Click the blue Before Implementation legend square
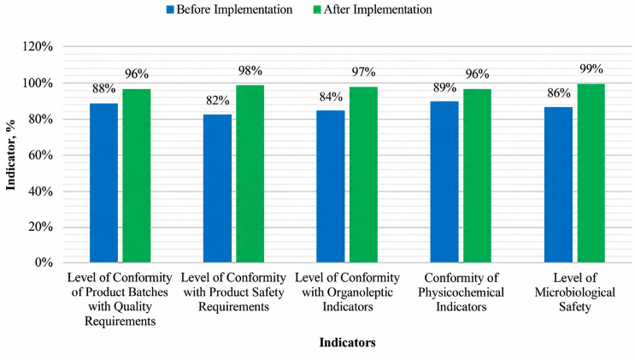(170, 9)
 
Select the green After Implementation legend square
(317, 9)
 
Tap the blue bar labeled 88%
(103, 183)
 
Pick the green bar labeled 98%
(250, 174)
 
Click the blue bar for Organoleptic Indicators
(331, 186)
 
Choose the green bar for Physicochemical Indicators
(478, 175)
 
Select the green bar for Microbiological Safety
(591, 173)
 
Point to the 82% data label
(217, 101)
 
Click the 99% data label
(591, 69)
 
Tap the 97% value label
(364, 72)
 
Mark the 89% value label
(444, 87)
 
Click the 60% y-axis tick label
(39, 155)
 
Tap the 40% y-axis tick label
(39, 191)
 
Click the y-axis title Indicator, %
(10, 155)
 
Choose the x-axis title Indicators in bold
(348, 343)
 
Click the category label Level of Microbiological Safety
(574, 292)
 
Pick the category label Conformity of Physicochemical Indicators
(462, 292)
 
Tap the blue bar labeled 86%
(558, 185)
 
